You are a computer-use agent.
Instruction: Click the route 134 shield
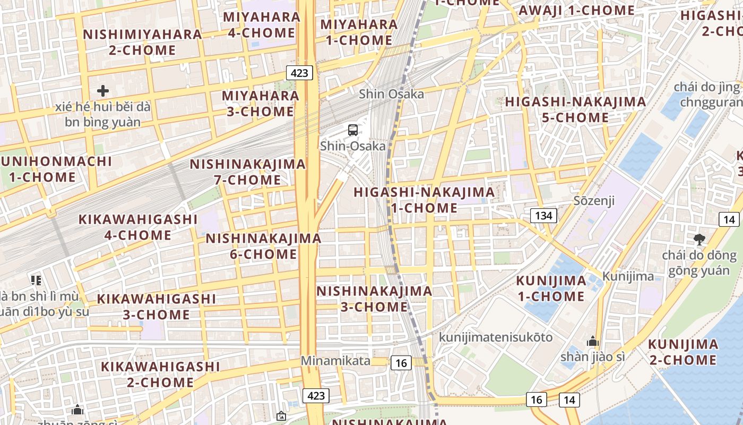click(x=543, y=215)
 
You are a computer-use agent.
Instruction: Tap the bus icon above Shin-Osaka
click(x=352, y=130)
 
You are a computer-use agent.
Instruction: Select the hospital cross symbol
click(x=103, y=91)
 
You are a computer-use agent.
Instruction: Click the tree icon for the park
click(x=699, y=239)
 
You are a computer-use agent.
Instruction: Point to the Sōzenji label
click(x=594, y=200)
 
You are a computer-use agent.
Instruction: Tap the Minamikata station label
click(x=335, y=360)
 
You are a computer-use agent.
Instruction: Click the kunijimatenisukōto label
click(x=496, y=337)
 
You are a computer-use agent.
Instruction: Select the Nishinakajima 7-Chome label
click(x=248, y=172)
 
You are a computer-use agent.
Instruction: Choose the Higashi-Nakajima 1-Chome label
click(x=424, y=199)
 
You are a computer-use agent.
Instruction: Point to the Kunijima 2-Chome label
click(x=682, y=352)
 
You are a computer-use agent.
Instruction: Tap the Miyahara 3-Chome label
click(x=260, y=103)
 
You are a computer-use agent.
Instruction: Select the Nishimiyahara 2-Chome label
click(x=142, y=42)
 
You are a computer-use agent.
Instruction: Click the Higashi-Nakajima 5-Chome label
click(x=575, y=109)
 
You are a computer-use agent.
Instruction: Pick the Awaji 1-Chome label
click(x=576, y=10)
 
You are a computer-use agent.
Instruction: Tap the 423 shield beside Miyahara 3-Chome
click(x=299, y=73)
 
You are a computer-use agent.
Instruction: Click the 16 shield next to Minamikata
click(x=401, y=363)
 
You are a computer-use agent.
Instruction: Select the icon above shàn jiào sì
click(x=592, y=341)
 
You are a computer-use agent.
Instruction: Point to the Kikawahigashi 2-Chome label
click(x=160, y=374)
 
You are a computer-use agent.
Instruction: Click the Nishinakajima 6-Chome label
click(x=263, y=246)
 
